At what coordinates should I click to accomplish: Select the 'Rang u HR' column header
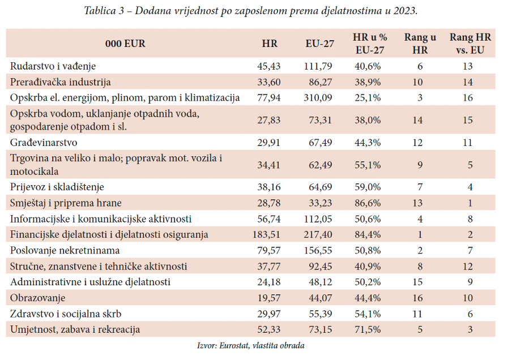pyautogui.click(x=420, y=44)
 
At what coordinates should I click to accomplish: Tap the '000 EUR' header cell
pyautogui.click(x=125, y=44)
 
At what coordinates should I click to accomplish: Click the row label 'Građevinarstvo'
pyautogui.click(x=44, y=142)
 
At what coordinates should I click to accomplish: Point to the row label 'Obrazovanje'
pyautogui.click(x=38, y=297)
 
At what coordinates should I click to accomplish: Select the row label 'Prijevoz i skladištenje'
pyautogui.click(x=57, y=186)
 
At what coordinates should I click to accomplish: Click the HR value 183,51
pyautogui.click(x=265, y=234)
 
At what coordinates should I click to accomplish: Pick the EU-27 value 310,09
pyautogui.click(x=318, y=97)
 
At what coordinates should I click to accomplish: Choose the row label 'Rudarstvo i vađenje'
pyautogui.click(x=53, y=66)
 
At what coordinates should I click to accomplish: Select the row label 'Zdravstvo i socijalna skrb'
pyautogui.click(x=66, y=313)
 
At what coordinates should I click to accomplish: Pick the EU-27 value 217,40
pyautogui.click(x=318, y=234)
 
